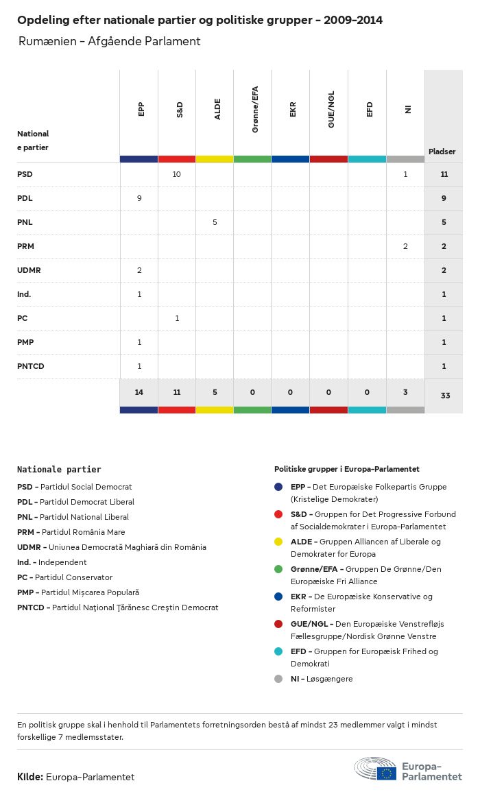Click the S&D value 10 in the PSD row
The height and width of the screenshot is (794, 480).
(176, 174)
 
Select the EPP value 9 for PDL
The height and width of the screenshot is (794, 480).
(139, 198)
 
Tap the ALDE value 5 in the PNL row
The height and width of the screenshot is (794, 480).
(215, 222)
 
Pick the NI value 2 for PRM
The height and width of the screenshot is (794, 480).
(405, 246)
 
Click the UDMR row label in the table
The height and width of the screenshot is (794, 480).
(29, 270)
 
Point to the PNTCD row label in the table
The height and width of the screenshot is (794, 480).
(31, 366)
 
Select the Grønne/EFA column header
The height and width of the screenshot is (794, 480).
(255, 114)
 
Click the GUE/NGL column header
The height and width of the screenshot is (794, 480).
(331, 114)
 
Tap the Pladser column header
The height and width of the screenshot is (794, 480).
(442, 152)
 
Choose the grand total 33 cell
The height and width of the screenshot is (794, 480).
(445, 396)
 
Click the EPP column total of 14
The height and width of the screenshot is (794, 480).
(139, 392)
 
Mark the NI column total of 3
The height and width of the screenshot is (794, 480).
(405, 392)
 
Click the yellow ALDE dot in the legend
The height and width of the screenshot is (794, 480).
(278, 542)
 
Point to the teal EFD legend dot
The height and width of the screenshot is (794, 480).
(278, 651)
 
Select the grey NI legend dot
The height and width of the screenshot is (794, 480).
(278, 679)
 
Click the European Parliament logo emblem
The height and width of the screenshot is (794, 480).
(374, 770)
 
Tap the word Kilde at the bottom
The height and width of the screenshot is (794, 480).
(30, 777)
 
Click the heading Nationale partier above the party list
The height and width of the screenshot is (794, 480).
(59, 470)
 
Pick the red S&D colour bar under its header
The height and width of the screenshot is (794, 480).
(176, 159)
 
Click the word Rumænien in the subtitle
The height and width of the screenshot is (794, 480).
(47, 41)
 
